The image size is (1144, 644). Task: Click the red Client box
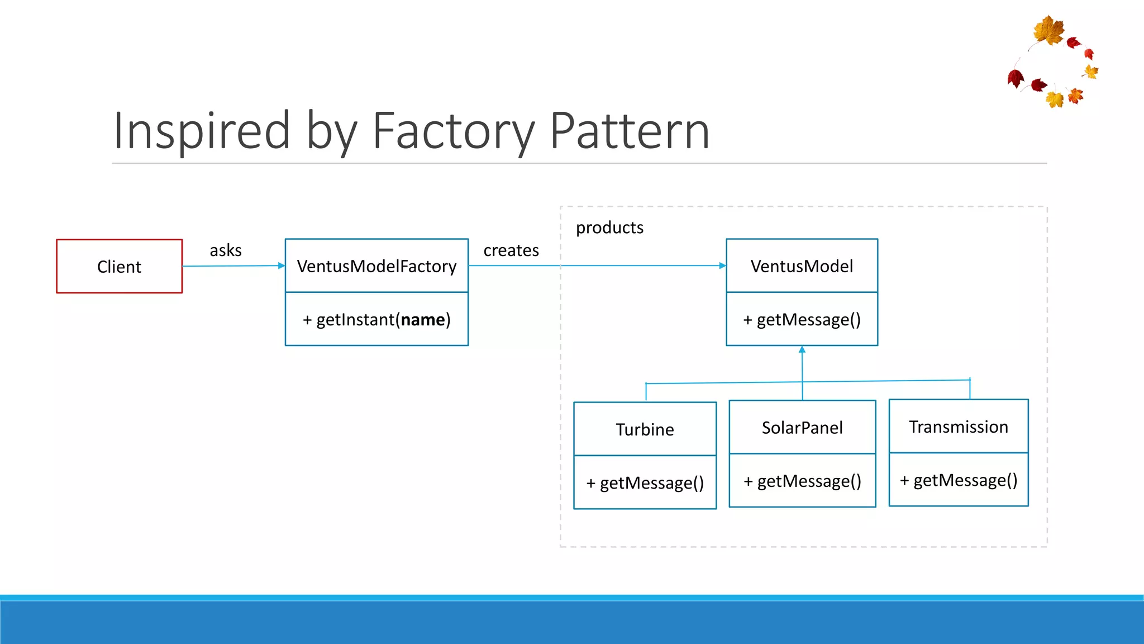click(119, 266)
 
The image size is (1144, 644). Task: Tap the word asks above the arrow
click(226, 250)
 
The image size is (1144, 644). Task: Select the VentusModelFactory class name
click(376, 266)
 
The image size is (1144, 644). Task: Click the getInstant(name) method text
click(376, 319)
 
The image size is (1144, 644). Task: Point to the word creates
click(511, 250)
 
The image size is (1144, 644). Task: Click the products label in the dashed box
click(609, 228)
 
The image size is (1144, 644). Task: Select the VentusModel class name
click(802, 266)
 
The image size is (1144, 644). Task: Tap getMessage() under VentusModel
click(802, 319)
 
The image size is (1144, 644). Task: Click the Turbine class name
click(645, 429)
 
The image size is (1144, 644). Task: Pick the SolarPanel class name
click(802, 428)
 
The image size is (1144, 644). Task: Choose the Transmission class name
click(959, 427)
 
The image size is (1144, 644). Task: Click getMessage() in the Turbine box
click(645, 482)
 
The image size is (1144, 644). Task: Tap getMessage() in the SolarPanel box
click(802, 481)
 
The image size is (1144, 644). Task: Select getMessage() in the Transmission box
click(959, 480)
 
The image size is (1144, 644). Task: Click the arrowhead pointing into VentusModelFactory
click(282, 266)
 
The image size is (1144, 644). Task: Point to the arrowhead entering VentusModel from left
click(723, 266)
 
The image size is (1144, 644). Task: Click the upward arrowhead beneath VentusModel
click(802, 349)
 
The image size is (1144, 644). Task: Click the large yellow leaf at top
click(1048, 30)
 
